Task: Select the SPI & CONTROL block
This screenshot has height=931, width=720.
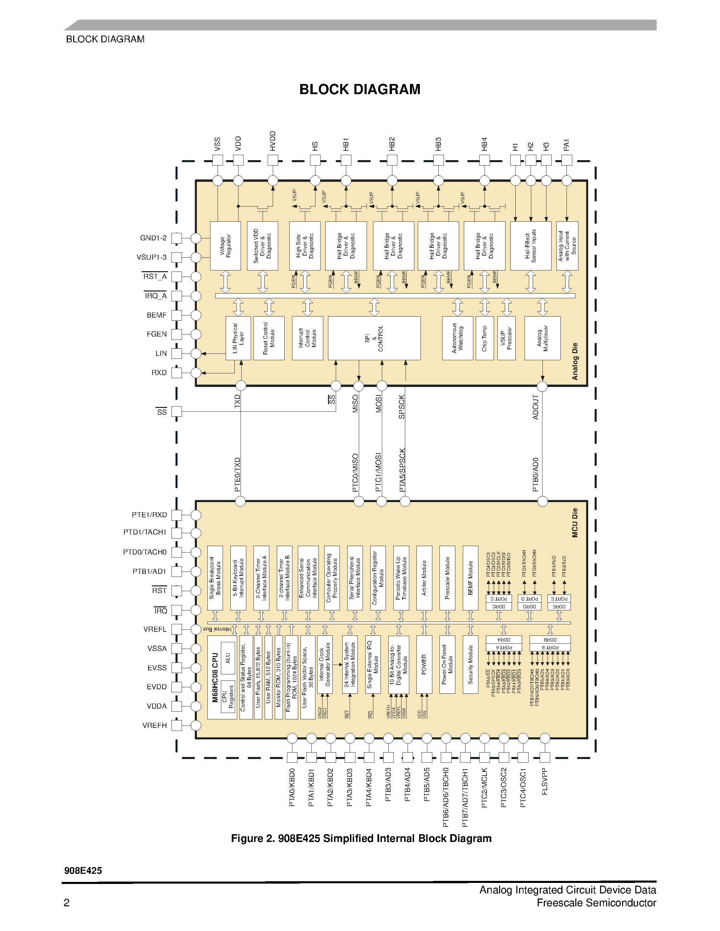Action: pos(374,338)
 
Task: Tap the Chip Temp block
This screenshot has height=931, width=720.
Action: pos(485,338)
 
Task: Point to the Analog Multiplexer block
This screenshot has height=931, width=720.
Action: pos(542,338)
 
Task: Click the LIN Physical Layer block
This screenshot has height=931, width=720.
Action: pos(238,338)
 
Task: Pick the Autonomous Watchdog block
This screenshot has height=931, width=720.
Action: pos(457,338)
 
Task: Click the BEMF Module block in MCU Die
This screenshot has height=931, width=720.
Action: pos(471,578)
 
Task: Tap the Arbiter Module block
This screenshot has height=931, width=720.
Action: pos(424,578)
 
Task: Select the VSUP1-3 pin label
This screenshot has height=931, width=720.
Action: pos(152,257)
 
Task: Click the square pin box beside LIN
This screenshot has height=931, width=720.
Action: pos(177,353)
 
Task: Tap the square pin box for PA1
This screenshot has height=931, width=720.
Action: pos(567,160)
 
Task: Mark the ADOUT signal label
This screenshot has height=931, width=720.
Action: pos(536,407)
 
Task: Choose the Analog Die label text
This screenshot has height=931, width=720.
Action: pos(575,361)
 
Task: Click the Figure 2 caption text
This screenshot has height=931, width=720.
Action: pos(361,839)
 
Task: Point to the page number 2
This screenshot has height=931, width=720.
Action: pos(66,903)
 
